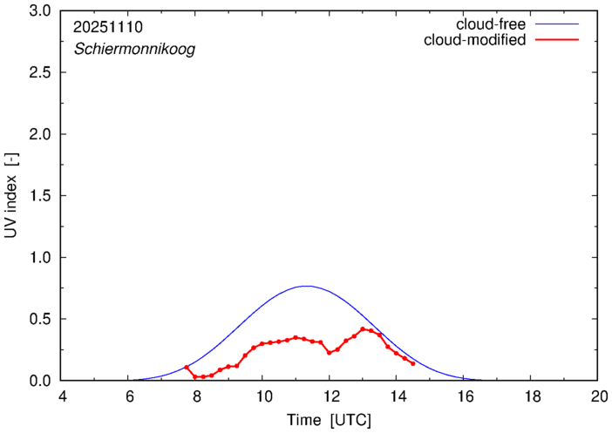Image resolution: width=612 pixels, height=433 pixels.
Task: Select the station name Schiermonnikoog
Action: pyautogui.click(x=134, y=50)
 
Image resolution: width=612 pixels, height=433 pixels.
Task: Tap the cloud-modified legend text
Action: pyautogui.click(x=474, y=40)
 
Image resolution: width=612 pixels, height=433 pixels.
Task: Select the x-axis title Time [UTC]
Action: pyautogui.click(x=330, y=420)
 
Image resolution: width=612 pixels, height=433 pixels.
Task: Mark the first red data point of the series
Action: pyautogui.click(x=187, y=367)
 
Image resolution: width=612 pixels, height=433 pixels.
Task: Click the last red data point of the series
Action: pyautogui.click(x=413, y=363)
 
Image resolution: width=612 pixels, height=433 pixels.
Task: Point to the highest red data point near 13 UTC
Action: pyautogui.click(x=363, y=329)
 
